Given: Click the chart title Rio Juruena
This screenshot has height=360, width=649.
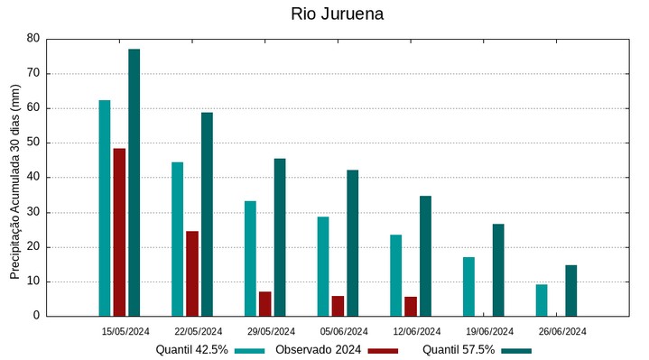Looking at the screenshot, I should [338, 14].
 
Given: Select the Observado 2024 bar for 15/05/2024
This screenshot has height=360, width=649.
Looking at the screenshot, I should [119, 232].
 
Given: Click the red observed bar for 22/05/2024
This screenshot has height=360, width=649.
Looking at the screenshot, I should [192, 273].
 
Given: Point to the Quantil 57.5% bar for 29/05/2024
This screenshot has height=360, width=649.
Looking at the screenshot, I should [280, 237].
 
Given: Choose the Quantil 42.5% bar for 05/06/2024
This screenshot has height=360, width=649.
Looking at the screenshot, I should [323, 266].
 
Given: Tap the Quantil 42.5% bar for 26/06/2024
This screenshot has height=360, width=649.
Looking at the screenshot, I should [542, 300].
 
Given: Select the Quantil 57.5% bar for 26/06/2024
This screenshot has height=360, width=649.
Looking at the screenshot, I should [571, 291].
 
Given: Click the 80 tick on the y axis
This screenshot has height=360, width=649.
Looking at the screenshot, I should [33, 39].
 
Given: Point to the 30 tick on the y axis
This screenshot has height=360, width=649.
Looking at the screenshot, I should [33, 212].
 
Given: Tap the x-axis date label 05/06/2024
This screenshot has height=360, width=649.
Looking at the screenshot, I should [344, 331].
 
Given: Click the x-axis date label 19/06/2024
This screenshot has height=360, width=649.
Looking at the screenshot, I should [489, 331].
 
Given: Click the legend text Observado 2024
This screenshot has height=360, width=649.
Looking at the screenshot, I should [319, 350].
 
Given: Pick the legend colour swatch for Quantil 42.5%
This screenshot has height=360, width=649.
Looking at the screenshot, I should [250, 350].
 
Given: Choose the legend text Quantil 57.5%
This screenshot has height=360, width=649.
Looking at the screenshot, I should [459, 350].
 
